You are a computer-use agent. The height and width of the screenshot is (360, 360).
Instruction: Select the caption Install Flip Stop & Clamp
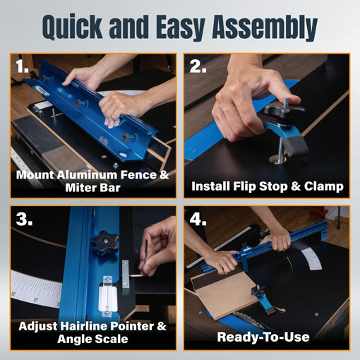click(x=268, y=186)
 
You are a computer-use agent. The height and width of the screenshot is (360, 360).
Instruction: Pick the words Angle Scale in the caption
click(x=92, y=339)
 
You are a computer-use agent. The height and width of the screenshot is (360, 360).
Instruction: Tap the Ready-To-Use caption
click(x=263, y=337)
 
